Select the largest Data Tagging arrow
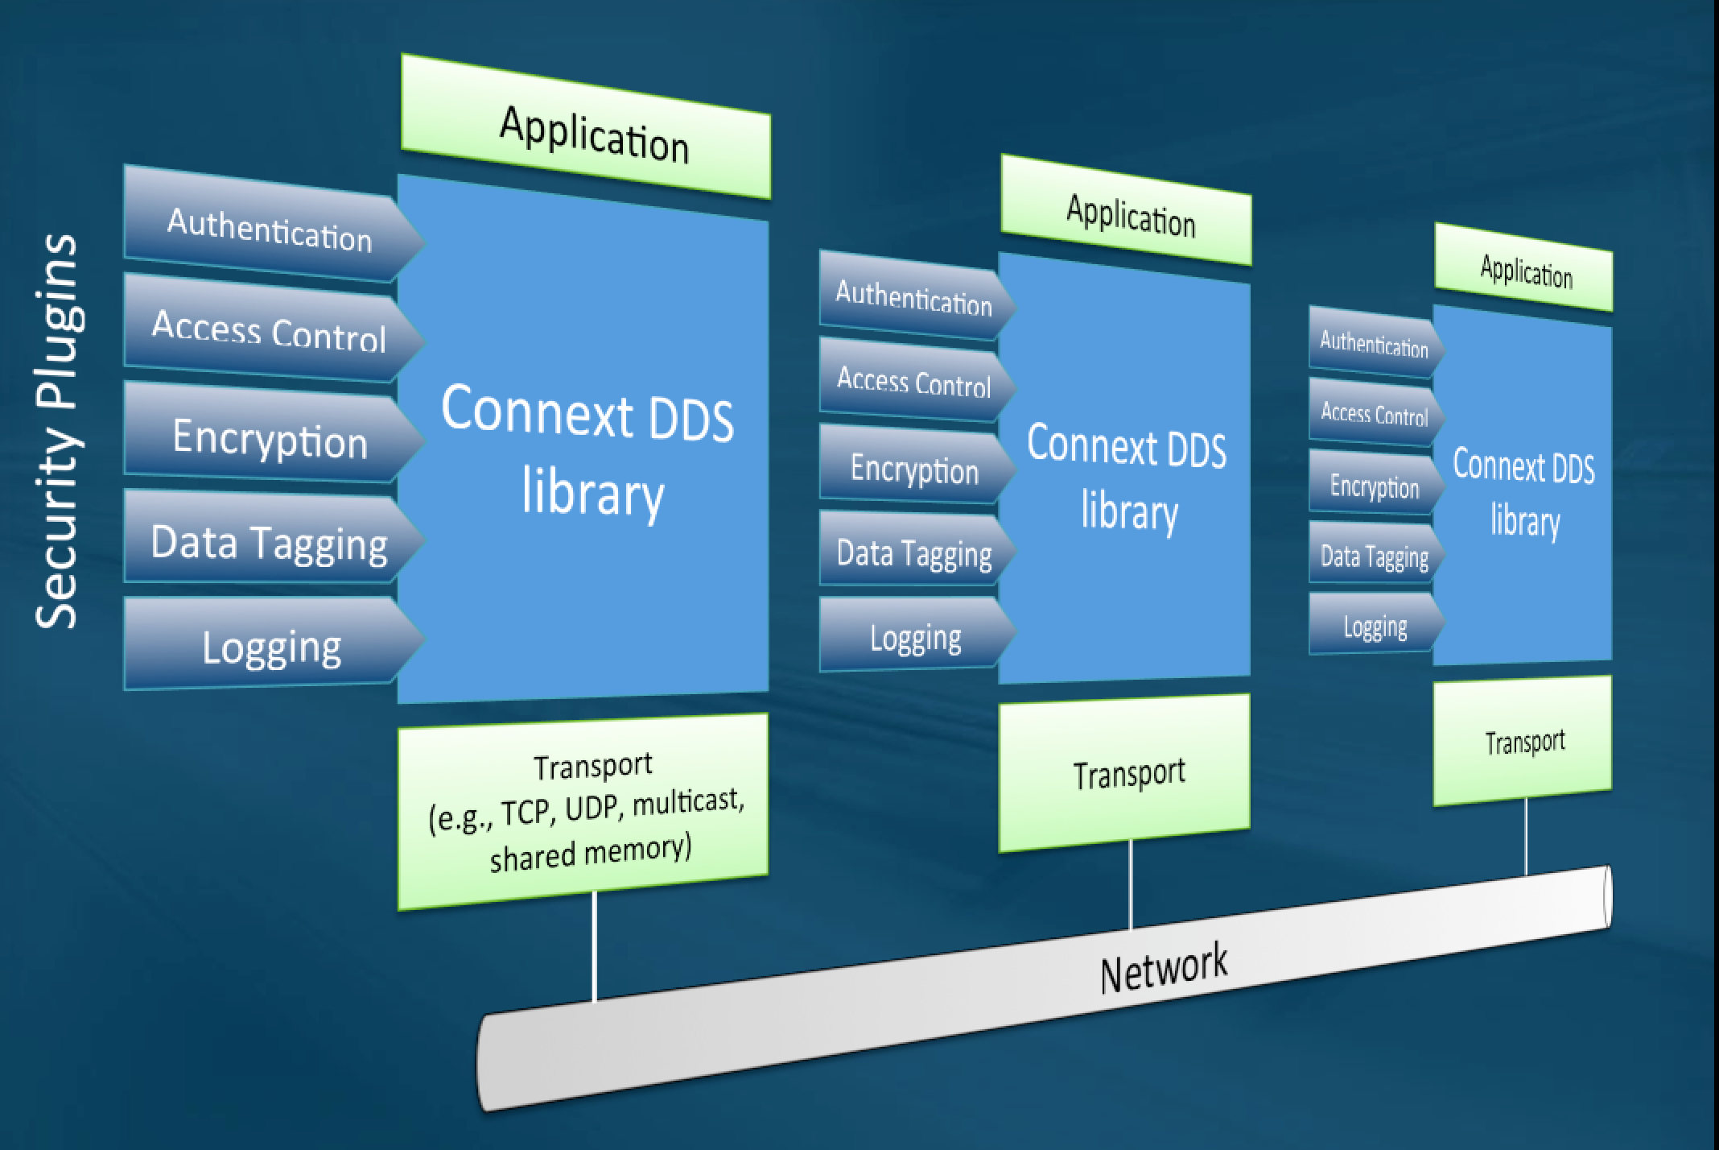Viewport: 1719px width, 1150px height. point(270,541)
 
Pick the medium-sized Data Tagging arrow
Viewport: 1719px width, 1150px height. point(913,552)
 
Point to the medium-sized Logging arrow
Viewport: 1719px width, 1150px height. point(913,637)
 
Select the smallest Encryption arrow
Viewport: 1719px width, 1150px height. point(1374,486)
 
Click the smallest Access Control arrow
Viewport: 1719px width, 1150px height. point(1374,413)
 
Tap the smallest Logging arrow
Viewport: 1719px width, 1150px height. point(1374,626)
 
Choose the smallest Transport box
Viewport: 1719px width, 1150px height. point(1523,741)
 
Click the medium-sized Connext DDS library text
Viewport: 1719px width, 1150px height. point(1127,478)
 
